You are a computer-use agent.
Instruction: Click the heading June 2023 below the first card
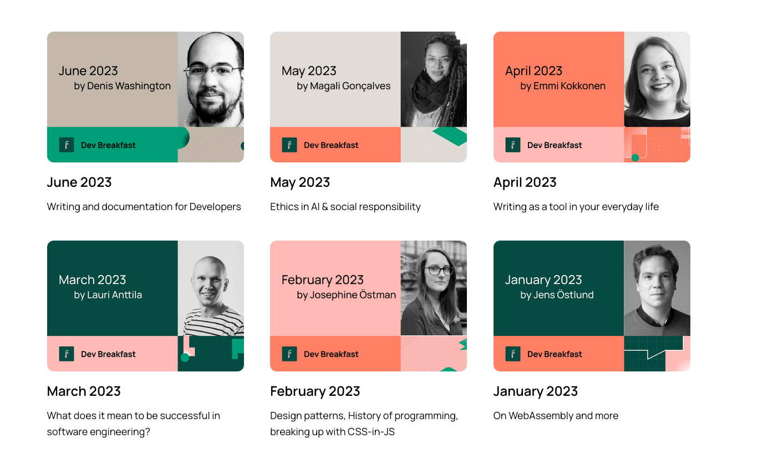tap(79, 182)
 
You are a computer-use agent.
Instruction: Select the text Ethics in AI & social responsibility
tap(345, 207)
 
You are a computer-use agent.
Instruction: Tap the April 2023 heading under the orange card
tap(525, 182)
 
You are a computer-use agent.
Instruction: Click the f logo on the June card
tap(67, 145)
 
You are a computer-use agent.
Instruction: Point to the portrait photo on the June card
tap(211, 79)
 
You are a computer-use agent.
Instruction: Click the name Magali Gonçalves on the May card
tap(350, 86)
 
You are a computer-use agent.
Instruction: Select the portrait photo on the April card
tap(657, 79)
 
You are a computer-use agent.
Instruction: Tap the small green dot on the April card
tap(635, 157)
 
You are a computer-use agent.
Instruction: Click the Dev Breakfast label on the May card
tap(331, 145)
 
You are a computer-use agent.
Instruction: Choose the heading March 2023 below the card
tap(84, 391)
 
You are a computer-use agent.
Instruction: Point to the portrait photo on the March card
tap(211, 288)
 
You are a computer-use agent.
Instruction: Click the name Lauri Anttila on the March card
tap(114, 295)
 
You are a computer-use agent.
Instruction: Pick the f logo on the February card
tap(289, 354)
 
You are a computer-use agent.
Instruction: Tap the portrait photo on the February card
tap(434, 288)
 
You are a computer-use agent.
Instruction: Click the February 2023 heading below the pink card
tap(315, 391)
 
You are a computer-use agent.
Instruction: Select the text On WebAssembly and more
tap(556, 416)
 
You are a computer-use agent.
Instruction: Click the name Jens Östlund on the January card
tap(563, 295)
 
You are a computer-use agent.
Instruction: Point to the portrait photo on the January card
tap(657, 288)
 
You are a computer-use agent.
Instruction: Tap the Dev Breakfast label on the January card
tap(555, 354)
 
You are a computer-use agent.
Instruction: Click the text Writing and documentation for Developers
tap(144, 207)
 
